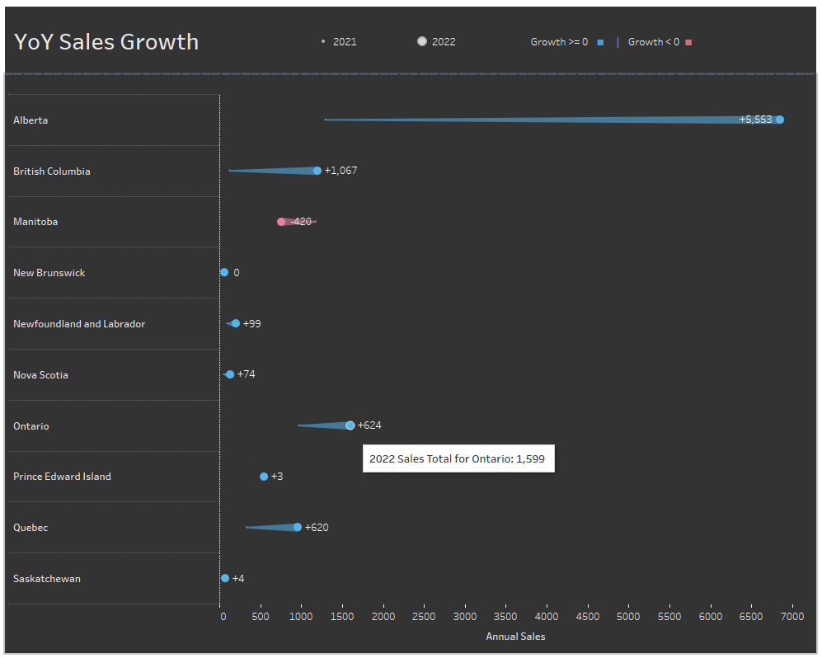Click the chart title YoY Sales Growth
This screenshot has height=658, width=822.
point(106,42)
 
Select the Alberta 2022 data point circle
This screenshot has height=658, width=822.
point(779,120)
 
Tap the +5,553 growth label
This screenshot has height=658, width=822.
point(755,120)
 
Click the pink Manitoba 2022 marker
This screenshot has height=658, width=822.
point(281,222)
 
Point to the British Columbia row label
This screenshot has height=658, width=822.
point(52,172)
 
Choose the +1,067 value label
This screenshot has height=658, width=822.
point(341,171)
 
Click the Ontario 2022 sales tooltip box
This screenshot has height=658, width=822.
point(458,459)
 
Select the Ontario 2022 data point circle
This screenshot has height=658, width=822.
point(350,425)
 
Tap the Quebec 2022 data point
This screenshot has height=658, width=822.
point(298,527)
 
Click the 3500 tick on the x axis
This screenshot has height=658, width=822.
point(506,617)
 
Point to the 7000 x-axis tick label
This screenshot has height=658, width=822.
point(791,617)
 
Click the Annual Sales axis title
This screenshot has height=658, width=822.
point(515,637)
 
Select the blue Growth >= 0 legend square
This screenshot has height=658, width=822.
point(601,42)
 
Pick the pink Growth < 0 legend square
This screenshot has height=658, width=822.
point(688,42)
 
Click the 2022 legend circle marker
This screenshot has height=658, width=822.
point(422,41)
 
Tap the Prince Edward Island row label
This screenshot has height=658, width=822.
point(62,477)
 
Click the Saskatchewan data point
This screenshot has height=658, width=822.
point(225,578)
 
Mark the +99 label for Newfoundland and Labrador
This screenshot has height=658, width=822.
point(251,323)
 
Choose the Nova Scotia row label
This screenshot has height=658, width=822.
point(40,375)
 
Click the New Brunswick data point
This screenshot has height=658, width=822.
point(224,272)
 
